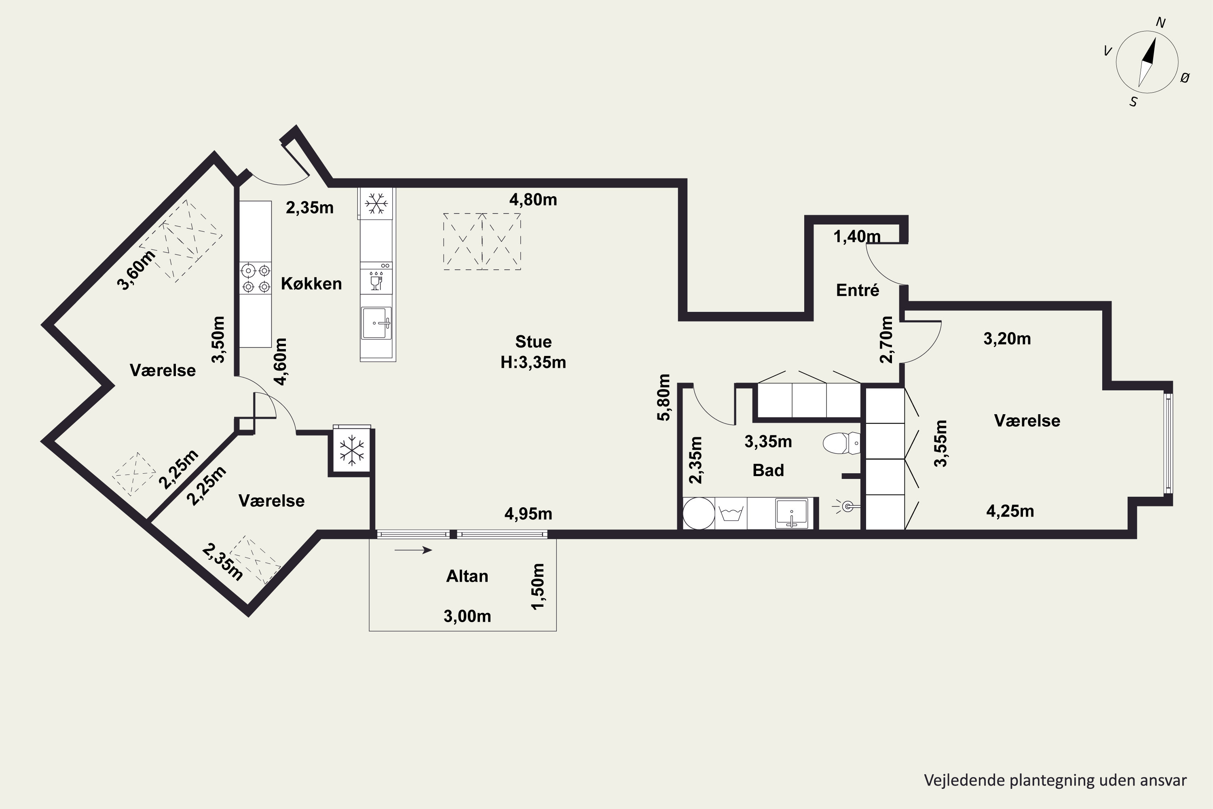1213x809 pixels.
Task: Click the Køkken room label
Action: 311,284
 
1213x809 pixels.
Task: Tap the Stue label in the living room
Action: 533,341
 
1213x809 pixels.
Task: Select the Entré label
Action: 857,290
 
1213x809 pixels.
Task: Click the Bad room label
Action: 768,470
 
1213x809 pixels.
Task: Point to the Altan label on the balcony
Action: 467,576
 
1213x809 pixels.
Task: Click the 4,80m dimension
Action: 533,200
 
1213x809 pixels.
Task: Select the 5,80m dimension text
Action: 664,397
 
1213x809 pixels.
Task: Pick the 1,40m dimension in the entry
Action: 857,236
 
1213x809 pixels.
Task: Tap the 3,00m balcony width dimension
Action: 467,616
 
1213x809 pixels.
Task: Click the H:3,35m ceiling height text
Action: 533,362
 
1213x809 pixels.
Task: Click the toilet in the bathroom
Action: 841,443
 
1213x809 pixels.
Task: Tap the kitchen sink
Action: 376,323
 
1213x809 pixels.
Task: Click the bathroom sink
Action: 792,513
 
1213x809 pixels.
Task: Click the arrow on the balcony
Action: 413,551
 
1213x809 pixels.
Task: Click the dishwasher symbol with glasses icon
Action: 376,279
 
